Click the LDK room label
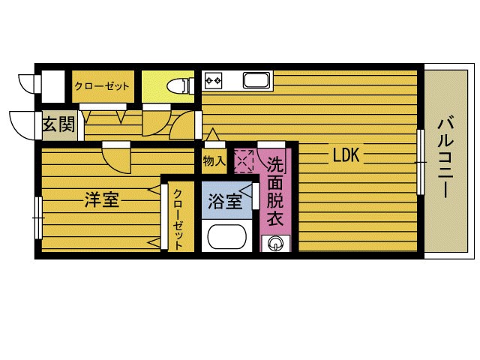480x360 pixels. (x=347, y=155)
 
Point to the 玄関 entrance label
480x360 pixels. (x=58, y=124)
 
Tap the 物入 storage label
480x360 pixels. (x=213, y=160)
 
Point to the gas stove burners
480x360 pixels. (x=213, y=79)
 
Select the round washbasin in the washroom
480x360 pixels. (x=275, y=242)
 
